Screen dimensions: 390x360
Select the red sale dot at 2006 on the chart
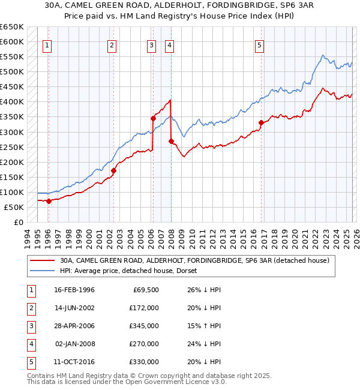[153, 118]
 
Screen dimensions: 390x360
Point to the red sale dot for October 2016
[261, 123]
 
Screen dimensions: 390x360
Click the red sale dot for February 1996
[49, 201]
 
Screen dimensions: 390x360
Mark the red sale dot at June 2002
[113, 170]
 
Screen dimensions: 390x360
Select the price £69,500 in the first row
[146, 290]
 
